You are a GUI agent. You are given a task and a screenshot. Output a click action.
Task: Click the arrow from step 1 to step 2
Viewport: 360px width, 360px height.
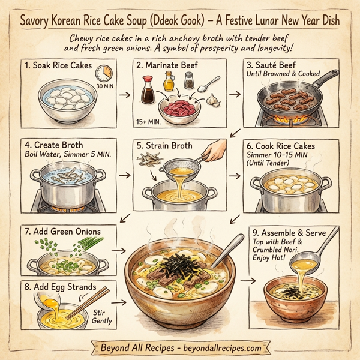pyautogui.click(x=124, y=94)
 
